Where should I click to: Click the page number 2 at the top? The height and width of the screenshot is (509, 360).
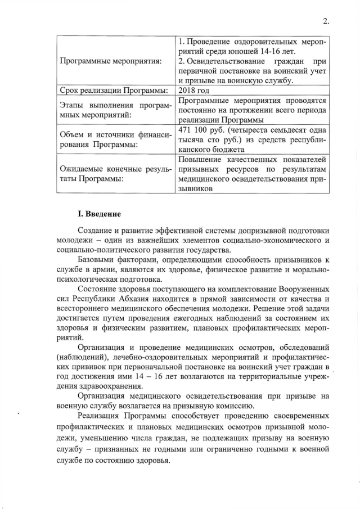point(326,22)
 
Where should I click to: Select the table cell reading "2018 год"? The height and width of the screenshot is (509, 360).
point(193,90)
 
